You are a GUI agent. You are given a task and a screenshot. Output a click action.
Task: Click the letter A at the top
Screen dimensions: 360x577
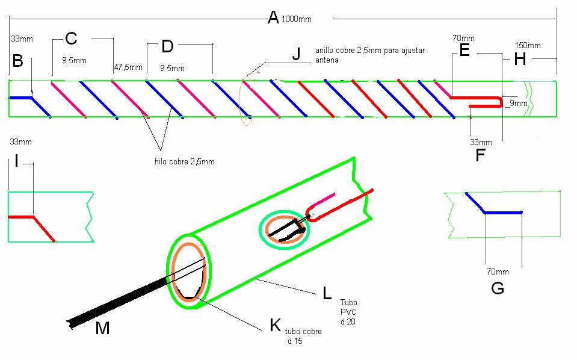[273, 17]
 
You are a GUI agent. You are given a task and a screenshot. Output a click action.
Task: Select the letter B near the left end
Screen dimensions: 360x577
[17, 61]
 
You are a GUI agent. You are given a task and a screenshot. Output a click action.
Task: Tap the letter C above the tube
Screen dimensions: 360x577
[71, 39]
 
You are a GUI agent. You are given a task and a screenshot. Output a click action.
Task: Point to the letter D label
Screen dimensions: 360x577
[167, 46]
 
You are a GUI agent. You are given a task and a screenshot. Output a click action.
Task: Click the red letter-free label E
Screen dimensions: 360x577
[464, 51]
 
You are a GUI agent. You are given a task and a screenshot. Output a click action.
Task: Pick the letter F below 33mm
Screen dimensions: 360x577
[480, 155]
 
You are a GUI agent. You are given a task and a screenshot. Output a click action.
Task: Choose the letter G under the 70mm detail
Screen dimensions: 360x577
[498, 288]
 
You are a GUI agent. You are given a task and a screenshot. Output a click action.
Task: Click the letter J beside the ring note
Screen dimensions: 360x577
[295, 54]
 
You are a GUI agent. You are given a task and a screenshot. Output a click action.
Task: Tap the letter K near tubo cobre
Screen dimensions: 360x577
[275, 325]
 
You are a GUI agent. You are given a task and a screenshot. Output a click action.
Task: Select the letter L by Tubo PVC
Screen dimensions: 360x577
[327, 293]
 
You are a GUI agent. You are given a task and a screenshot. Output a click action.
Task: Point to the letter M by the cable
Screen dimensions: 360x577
[103, 329]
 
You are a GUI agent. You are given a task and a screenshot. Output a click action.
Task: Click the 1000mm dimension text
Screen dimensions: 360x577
[297, 19]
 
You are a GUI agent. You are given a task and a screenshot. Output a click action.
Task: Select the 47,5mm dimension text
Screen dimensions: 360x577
[128, 67]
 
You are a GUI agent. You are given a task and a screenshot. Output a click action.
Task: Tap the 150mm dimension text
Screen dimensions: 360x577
[528, 46]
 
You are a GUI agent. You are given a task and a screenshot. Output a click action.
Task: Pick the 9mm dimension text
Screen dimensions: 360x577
[517, 104]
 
